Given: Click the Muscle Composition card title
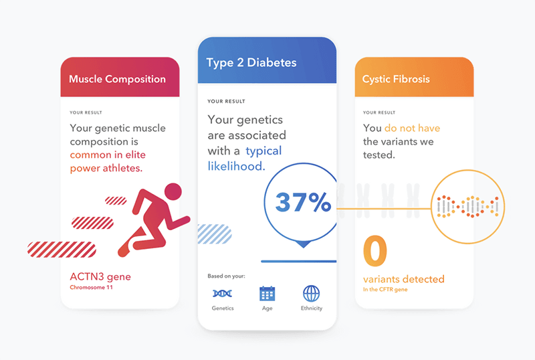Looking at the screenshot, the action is click(x=117, y=79).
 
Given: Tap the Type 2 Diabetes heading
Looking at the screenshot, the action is click(x=251, y=63).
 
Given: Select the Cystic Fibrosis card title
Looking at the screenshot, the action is click(x=396, y=79).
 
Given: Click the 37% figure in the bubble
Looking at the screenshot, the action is click(x=303, y=202).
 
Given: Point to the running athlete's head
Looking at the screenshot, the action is click(x=173, y=191).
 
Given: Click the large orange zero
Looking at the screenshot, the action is click(x=375, y=251).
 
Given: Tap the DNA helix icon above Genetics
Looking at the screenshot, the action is click(x=223, y=293).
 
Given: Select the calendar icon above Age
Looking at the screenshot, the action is click(x=267, y=293).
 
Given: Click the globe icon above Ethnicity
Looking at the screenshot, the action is click(x=312, y=293).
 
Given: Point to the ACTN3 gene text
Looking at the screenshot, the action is click(x=100, y=276).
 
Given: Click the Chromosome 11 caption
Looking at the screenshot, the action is click(x=91, y=287).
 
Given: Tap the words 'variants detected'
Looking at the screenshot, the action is click(x=404, y=279).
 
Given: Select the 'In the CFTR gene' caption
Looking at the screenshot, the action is click(x=385, y=289).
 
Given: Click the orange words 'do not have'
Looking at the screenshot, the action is click(x=412, y=128).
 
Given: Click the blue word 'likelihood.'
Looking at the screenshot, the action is click(x=237, y=167).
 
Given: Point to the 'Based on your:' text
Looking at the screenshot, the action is click(x=226, y=276).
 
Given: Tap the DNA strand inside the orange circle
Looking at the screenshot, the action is click(x=467, y=207).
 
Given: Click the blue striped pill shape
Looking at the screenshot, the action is click(x=215, y=234).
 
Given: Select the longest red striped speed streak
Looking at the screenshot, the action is click(x=62, y=250).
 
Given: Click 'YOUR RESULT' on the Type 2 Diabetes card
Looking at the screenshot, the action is click(x=226, y=102).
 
